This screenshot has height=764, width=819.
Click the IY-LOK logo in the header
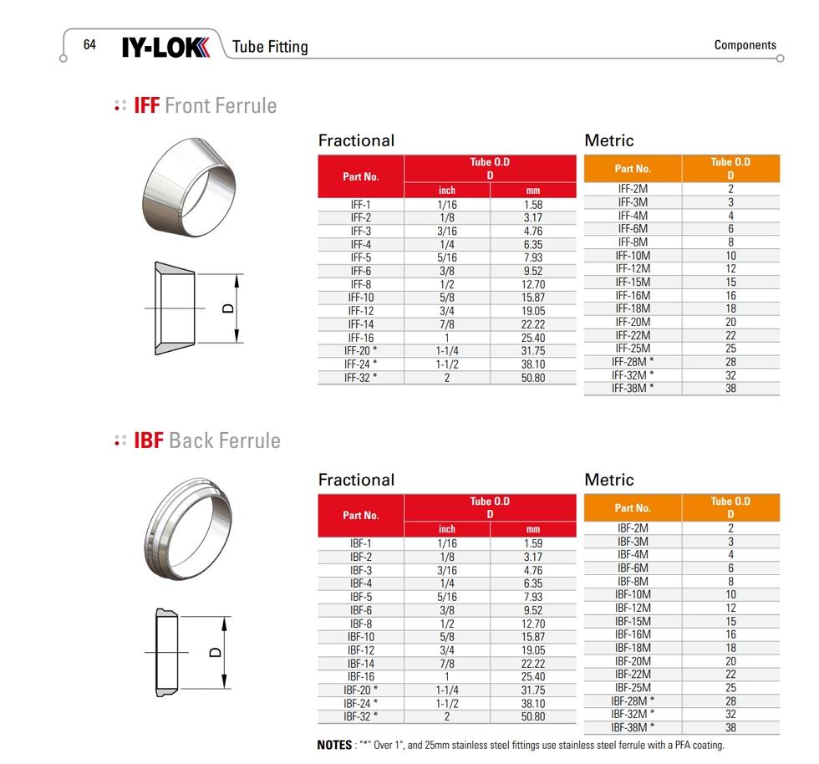coord(165,46)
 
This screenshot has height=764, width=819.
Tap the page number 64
coord(89,45)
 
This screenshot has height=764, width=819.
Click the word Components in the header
coord(745,45)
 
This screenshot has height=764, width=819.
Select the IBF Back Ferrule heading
coord(206,441)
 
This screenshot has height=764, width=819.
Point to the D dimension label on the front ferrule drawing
coord(227,308)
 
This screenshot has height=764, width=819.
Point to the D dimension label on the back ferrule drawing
coord(216,652)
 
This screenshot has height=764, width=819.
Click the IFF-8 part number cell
coord(361,284)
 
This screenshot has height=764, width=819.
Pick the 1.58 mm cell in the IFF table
coord(533,204)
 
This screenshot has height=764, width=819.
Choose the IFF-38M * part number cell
coord(633,389)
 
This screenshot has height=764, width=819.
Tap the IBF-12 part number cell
coord(361,650)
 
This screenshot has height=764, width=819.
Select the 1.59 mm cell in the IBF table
coord(533,543)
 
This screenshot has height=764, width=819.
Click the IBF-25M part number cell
coord(633,688)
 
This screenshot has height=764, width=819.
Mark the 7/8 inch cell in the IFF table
coord(447,324)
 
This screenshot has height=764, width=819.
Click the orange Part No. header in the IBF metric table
coord(633,508)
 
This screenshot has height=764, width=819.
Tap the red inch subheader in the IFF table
coord(447,191)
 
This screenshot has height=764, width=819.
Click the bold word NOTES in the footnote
coord(334,746)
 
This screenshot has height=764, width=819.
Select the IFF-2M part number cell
coord(633,189)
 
